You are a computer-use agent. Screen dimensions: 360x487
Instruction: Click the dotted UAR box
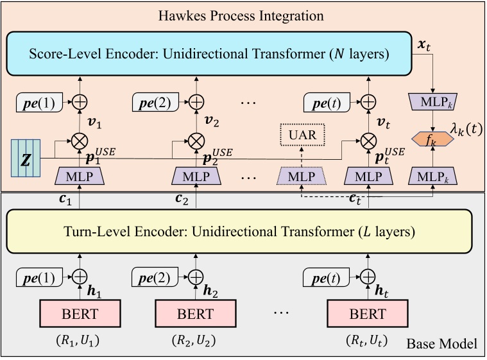302,135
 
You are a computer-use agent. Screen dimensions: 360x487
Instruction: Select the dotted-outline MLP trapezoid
302,175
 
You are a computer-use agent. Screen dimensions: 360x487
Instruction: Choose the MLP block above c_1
80,175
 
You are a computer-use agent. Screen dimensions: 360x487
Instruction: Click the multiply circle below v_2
195,138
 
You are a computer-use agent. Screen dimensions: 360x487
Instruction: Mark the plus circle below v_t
367,101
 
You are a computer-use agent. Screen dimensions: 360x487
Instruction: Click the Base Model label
441,345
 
